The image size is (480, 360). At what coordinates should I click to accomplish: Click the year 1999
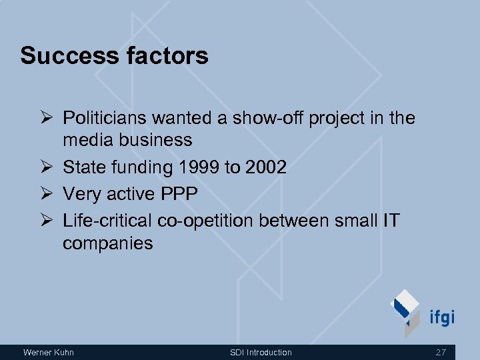(x=198, y=167)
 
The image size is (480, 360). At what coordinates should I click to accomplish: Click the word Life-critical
(x=107, y=221)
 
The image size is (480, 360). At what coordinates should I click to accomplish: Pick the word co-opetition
(x=205, y=221)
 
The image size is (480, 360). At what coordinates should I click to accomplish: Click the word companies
(x=107, y=243)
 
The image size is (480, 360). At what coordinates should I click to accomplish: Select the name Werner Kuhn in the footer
(x=49, y=352)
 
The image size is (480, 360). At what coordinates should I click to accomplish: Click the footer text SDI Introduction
(x=261, y=352)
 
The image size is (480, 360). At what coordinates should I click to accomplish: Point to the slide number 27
(x=440, y=352)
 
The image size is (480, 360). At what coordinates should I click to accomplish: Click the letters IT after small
(x=390, y=221)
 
